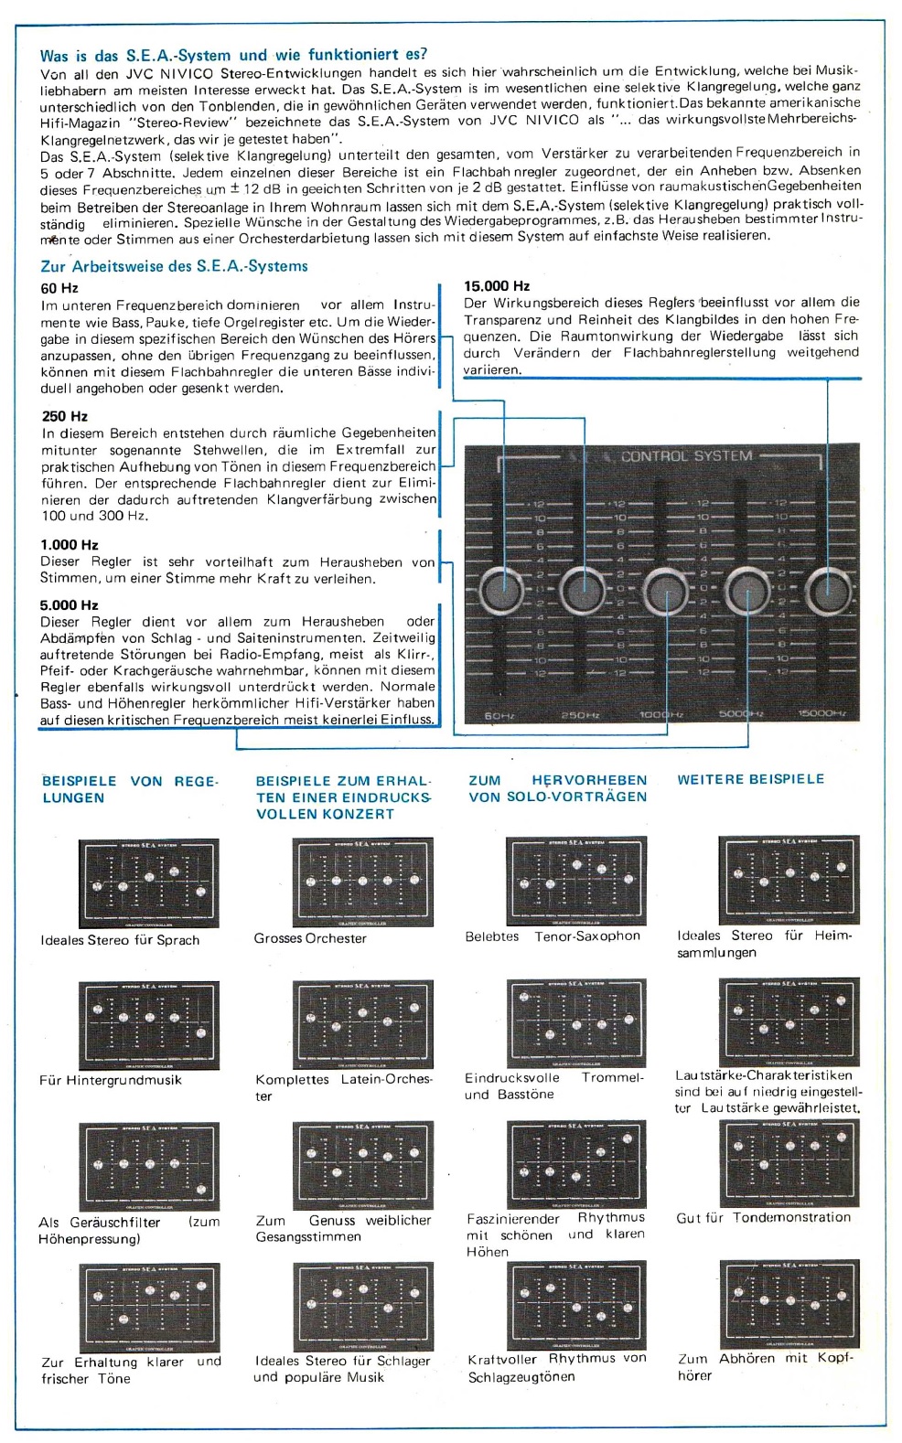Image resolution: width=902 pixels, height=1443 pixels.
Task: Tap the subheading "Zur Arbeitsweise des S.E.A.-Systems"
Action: [174, 266]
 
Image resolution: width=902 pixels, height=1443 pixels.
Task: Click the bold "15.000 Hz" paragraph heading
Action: [497, 286]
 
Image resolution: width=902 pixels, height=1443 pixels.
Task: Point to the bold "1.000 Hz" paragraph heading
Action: [70, 545]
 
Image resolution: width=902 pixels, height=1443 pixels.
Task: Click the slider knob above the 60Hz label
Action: [500, 591]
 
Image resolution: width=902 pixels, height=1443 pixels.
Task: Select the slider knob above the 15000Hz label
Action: [828, 591]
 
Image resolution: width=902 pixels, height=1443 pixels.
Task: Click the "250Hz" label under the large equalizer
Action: [580, 714]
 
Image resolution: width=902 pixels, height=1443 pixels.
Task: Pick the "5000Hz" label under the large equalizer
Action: [741, 714]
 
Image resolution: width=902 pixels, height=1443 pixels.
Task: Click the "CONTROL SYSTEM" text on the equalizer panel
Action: [686, 456]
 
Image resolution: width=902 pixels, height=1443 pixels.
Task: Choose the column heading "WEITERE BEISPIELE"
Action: [750, 779]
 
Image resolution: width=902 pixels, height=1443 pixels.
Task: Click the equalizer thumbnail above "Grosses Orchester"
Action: [362, 882]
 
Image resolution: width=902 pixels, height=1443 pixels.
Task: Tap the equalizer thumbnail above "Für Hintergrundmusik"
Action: [149, 1025]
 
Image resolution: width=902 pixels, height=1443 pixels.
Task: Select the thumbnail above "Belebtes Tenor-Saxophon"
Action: [575, 881]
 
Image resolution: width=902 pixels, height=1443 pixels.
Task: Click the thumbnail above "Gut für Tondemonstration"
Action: [789, 1163]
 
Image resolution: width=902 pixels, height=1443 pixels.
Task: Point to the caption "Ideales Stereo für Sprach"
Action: [120, 940]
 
